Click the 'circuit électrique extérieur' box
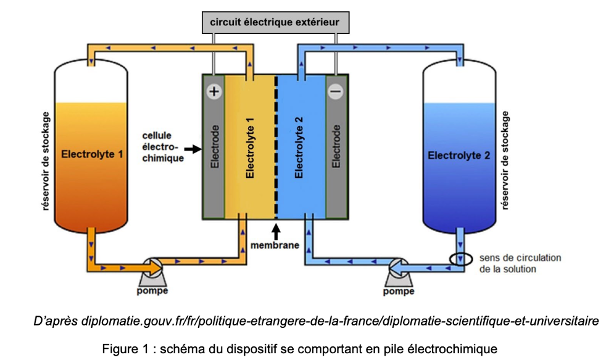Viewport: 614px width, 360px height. (275, 23)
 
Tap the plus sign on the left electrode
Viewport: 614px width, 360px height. (214, 91)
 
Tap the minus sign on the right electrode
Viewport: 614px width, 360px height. (335, 91)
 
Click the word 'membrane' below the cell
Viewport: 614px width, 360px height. (275, 245)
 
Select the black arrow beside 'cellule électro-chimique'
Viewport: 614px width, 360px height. (193, 149)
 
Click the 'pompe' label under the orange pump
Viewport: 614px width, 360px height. (152, 290)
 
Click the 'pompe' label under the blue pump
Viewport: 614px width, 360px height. (398, 291)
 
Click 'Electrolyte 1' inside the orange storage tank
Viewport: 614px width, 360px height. (91, 154)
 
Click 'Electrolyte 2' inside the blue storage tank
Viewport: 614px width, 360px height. (458, 156)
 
